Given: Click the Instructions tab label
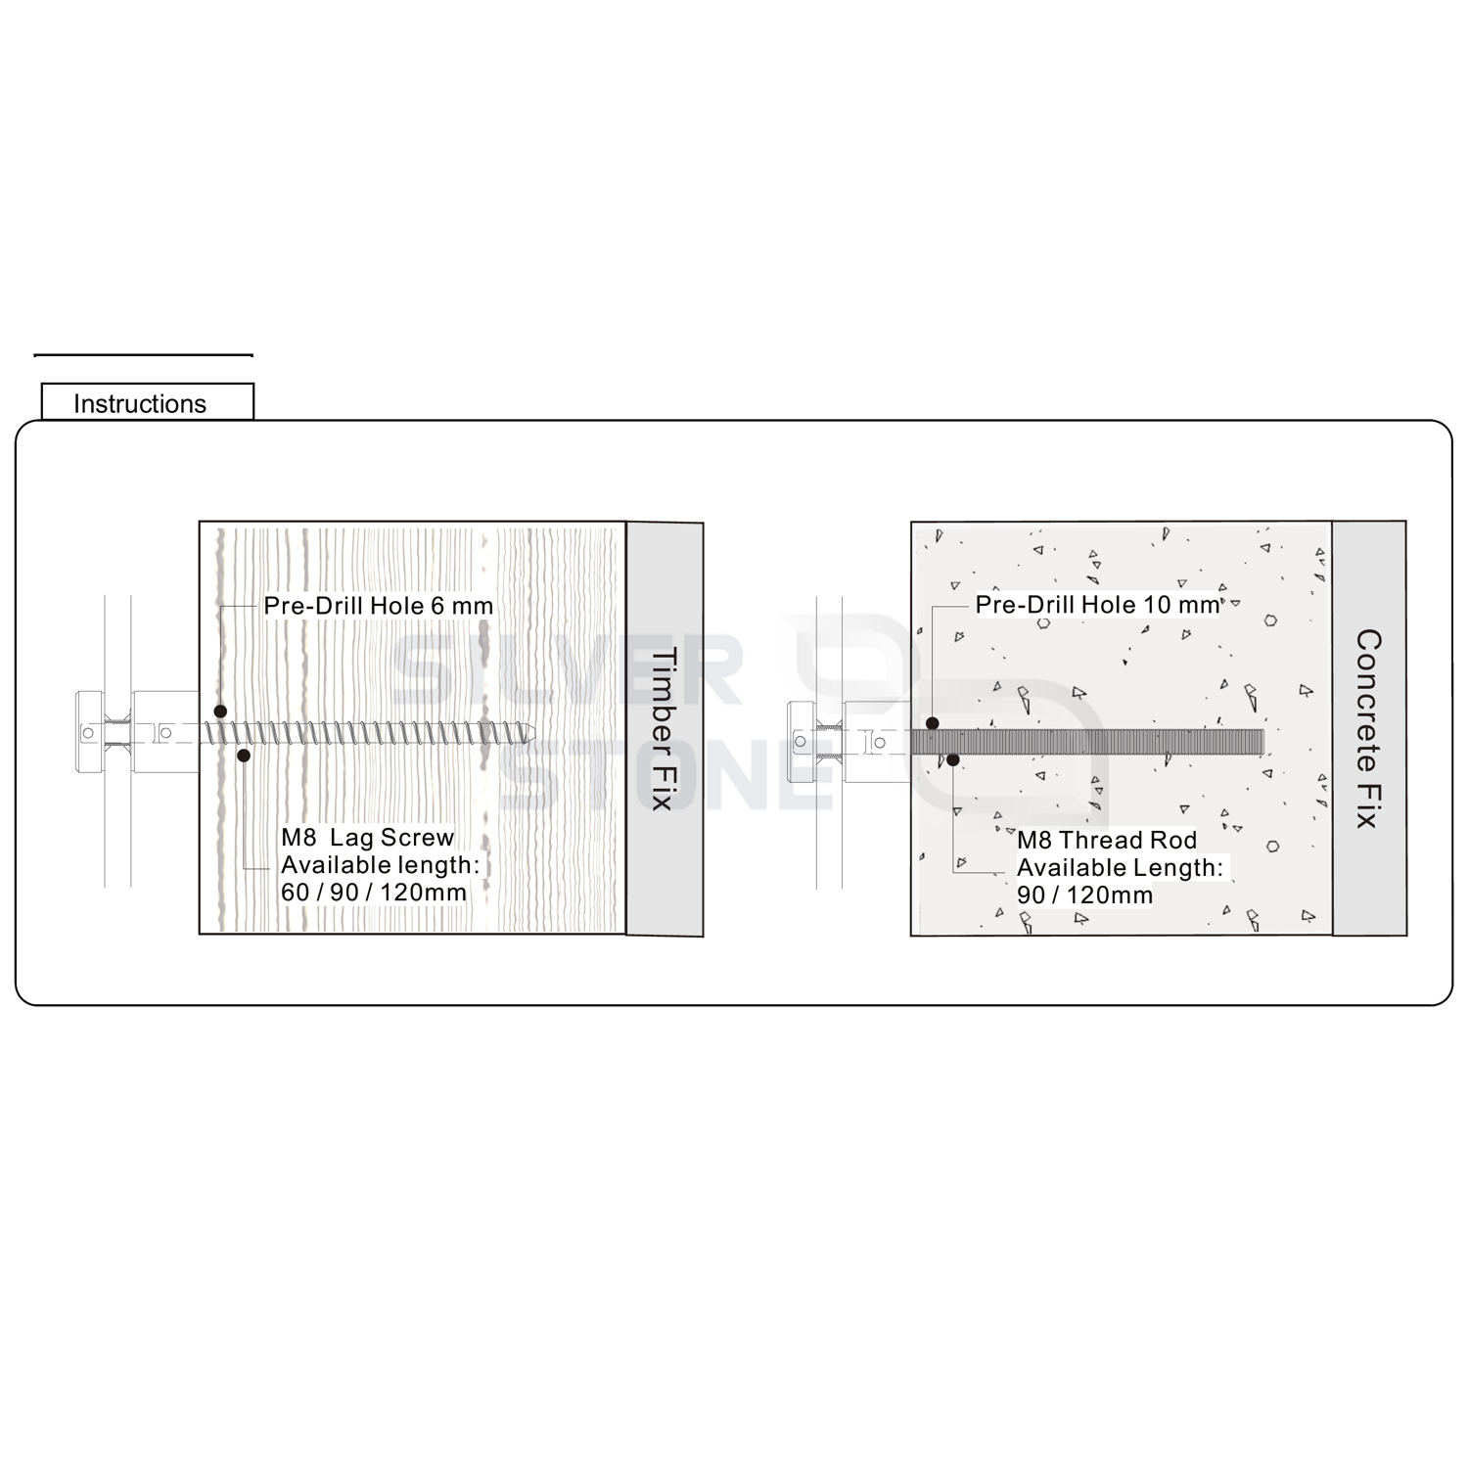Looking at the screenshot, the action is coord(140,404).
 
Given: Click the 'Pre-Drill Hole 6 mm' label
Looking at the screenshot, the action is coord(379,606).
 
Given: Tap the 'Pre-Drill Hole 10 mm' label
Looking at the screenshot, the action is coord(1098,605).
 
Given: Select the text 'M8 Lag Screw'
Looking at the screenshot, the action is coord(368,838).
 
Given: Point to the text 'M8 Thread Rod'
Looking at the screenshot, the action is coord(1107,840).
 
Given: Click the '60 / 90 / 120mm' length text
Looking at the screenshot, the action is coord(374,893).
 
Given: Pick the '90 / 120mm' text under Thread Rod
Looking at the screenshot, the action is coord(1085,895).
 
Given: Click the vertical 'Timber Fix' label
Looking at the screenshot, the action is coord(664,729).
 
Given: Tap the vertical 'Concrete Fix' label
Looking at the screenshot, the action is coord(1368,729).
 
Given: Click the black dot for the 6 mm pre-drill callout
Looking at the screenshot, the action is coord(221,711).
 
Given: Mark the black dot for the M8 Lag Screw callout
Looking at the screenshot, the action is coord(244,756).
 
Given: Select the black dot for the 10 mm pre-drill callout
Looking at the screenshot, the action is coord(933,723).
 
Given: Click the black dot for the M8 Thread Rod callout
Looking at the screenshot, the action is coord(953,758).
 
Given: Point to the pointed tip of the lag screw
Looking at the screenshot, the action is coord(534,733).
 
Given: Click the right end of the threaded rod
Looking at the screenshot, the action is coord(1263,742).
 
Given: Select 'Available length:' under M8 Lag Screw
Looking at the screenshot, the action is coord(381,865).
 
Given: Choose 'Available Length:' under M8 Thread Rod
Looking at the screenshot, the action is coord(1120,867).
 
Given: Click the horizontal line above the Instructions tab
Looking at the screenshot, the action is coord(143,355).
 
